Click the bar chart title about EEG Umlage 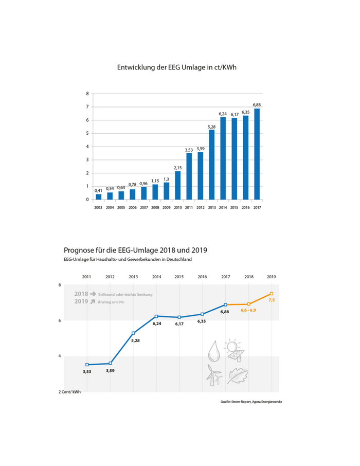click(179, 67)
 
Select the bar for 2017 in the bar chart click(257, 154)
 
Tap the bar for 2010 click(178, 185)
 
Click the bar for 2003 click(98, 196)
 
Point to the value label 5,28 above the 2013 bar click(211, 126)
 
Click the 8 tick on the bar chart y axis click(87, 94)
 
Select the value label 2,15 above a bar click(178, 168)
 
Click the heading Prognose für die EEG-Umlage click(135, 250)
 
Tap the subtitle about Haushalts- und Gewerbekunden click(128, 259)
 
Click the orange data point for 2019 click(271, 294)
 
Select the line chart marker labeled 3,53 click(87, 365)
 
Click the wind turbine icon click(213, 375)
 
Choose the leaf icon click(237, 376)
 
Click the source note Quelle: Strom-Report click(250, 402)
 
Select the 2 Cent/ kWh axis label click(70, 392)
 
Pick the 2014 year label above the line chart click(156, 276)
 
